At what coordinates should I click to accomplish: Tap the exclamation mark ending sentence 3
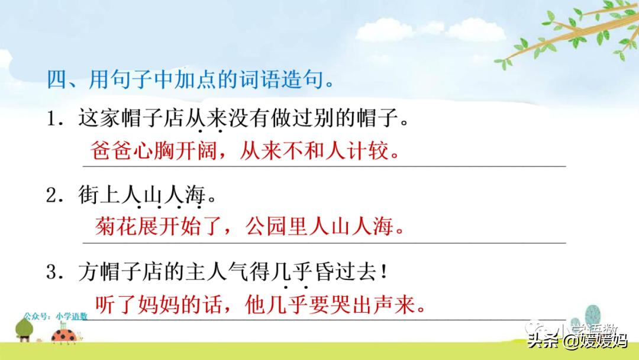pos(384,272)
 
